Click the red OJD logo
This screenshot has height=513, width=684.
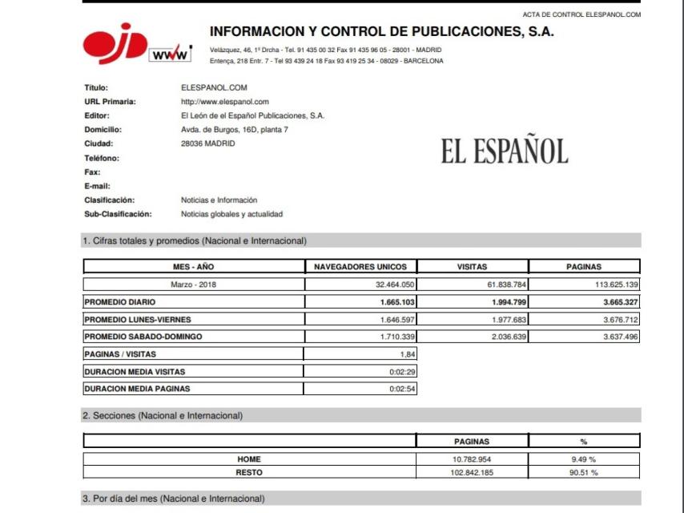click(x=115, y=46)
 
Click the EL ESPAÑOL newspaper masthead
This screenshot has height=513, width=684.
click(x=504, y=151)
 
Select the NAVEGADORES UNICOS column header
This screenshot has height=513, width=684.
click(x=360, y=267)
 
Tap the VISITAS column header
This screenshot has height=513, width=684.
click(x=472, y=267)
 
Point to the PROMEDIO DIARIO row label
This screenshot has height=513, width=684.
click(x=120, y=302)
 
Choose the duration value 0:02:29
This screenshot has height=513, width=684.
click(x=401, y=372)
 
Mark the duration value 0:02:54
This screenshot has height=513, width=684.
click(x=401, y=389)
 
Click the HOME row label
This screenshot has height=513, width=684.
click(x=249, y=459)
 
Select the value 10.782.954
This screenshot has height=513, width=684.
click(x=472, y=459)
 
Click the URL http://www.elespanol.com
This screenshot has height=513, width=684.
click(x=225, y=102)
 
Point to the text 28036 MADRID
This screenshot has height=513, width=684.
click(x=208, y=143)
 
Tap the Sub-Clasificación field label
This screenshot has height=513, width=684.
click(x=118, y=214)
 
